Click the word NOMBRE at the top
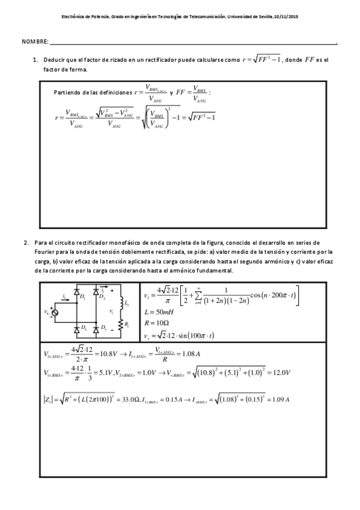tap(34, 42)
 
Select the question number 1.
tap(35, 60)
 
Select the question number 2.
tap(26, 242)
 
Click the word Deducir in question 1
tap(56, 60)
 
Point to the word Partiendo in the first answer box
tap(67, 93)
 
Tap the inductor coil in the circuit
tap(121, 302)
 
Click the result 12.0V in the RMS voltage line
tap(282, 373)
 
